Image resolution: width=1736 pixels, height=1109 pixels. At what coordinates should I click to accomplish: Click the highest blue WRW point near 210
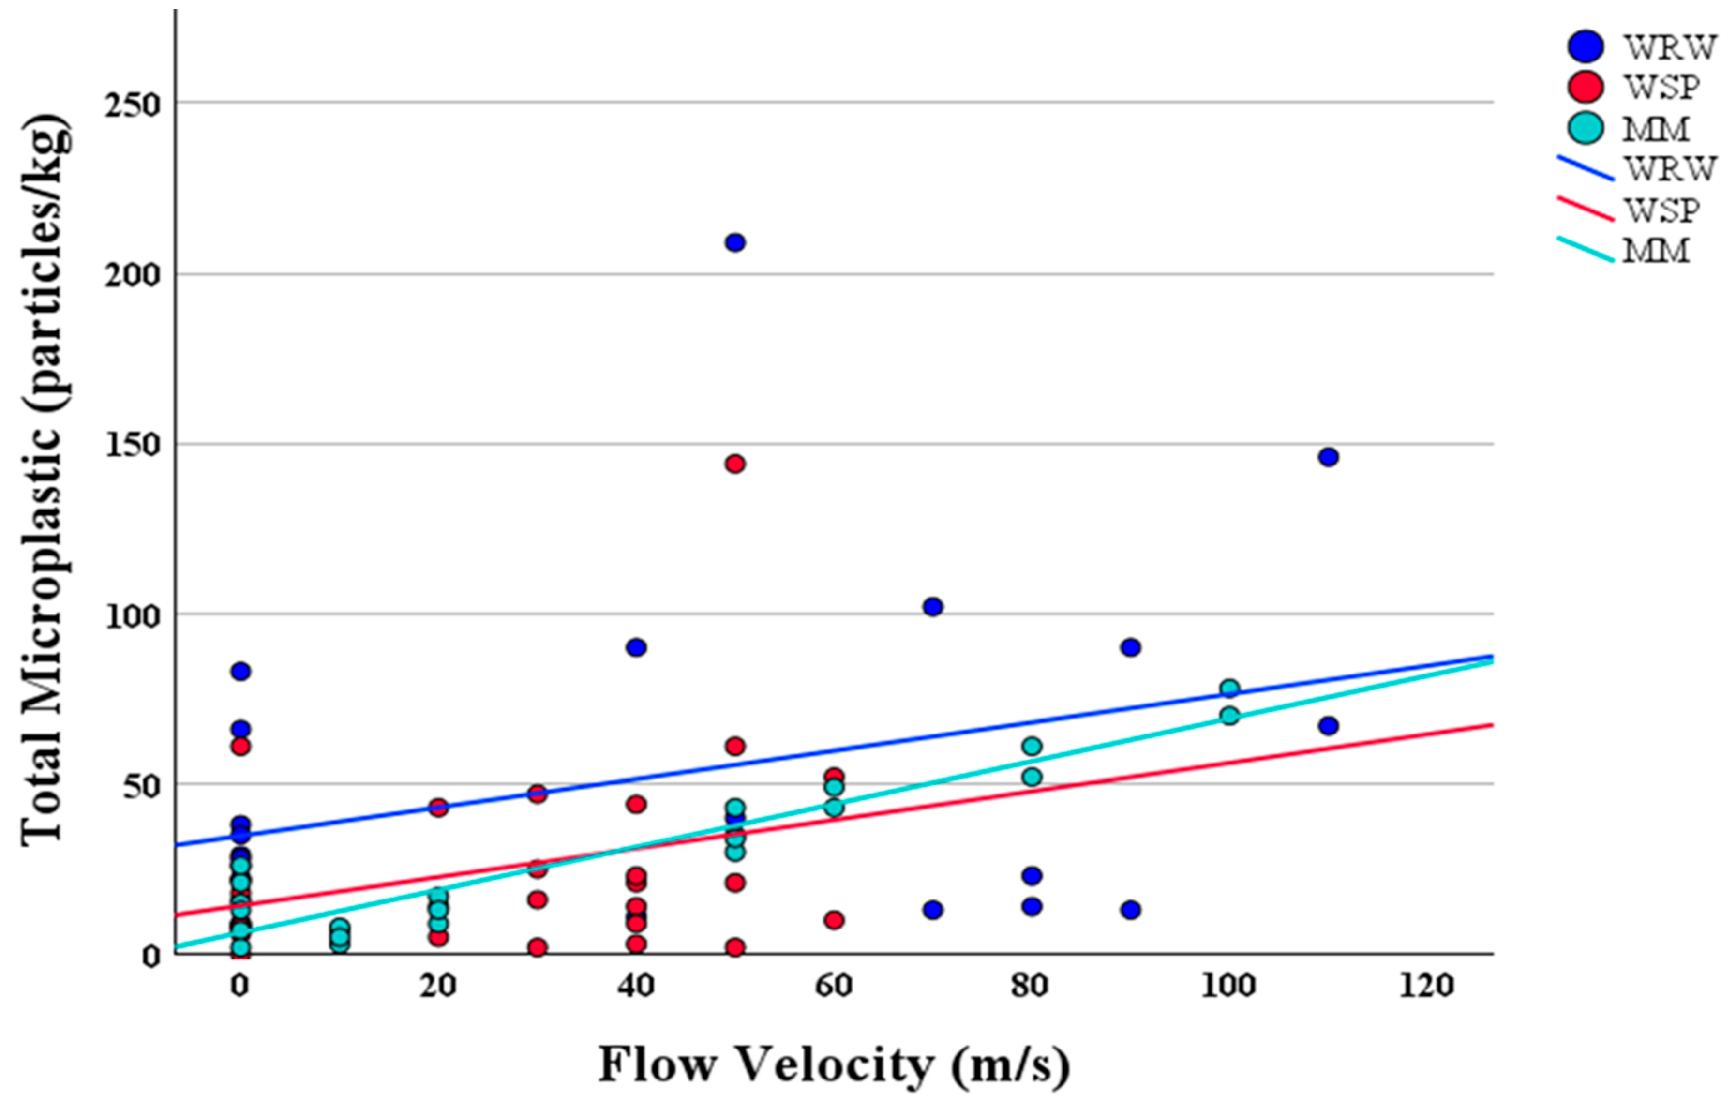click(734, 243)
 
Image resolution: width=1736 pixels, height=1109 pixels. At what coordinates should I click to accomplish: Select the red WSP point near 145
click(734, 464)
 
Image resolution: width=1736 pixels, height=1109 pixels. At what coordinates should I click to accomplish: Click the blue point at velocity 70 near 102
click(933, 607)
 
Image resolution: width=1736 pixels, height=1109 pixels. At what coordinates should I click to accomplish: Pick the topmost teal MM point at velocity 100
click(1229, 688)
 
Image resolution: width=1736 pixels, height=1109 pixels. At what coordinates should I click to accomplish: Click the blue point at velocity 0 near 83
click(241, 671)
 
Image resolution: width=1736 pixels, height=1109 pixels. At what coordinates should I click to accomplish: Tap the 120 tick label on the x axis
click(1426, 986)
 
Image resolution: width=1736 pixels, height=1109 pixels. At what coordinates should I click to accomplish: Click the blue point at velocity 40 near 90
click(636, 647)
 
